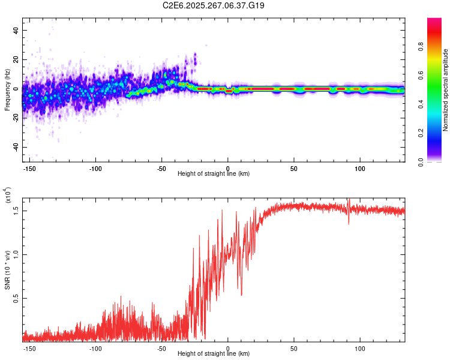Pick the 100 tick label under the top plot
(x=360, y=168)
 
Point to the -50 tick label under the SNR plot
(x=161, y=348)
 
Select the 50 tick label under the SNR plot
(x=294, y=348)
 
